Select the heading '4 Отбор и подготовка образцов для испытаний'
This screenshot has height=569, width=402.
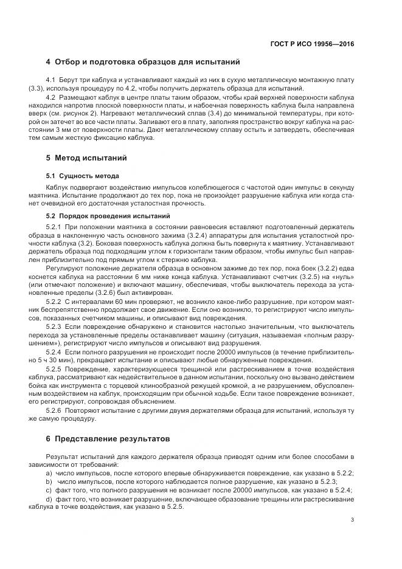point(143,62)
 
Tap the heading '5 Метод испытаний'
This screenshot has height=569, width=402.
point(86,159)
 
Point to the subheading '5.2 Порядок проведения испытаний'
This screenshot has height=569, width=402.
point(100,216)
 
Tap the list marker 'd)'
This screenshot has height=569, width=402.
point(49,497)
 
